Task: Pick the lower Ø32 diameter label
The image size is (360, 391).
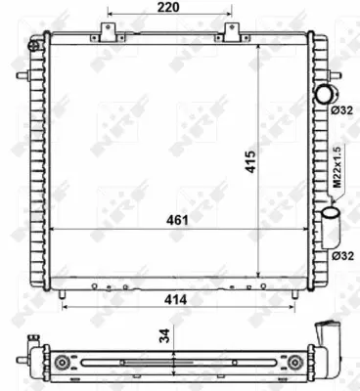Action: [341, 255]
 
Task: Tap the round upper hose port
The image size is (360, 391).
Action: [324, 93]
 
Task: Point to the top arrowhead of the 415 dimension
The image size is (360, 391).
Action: [256, 46]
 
